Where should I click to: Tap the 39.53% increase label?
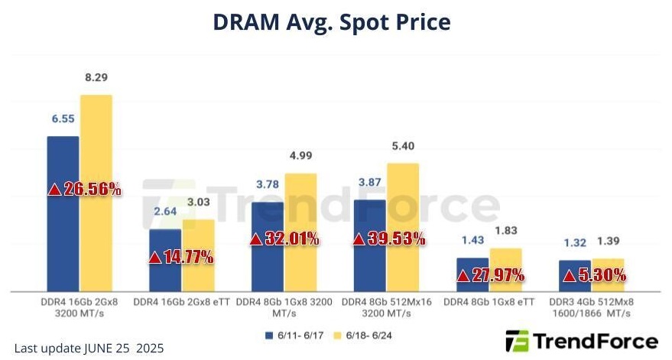(x=388, y=238)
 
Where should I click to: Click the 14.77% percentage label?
(x=181, y=257)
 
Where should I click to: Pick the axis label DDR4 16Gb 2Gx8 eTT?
(x=181, y=302)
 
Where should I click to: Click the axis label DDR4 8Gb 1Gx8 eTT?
(x=489, y=302)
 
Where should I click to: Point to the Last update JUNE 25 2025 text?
(x=89, y=348)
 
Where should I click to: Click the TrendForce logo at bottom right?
(x=582, y=340)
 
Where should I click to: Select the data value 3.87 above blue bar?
(x=370, y=185)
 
